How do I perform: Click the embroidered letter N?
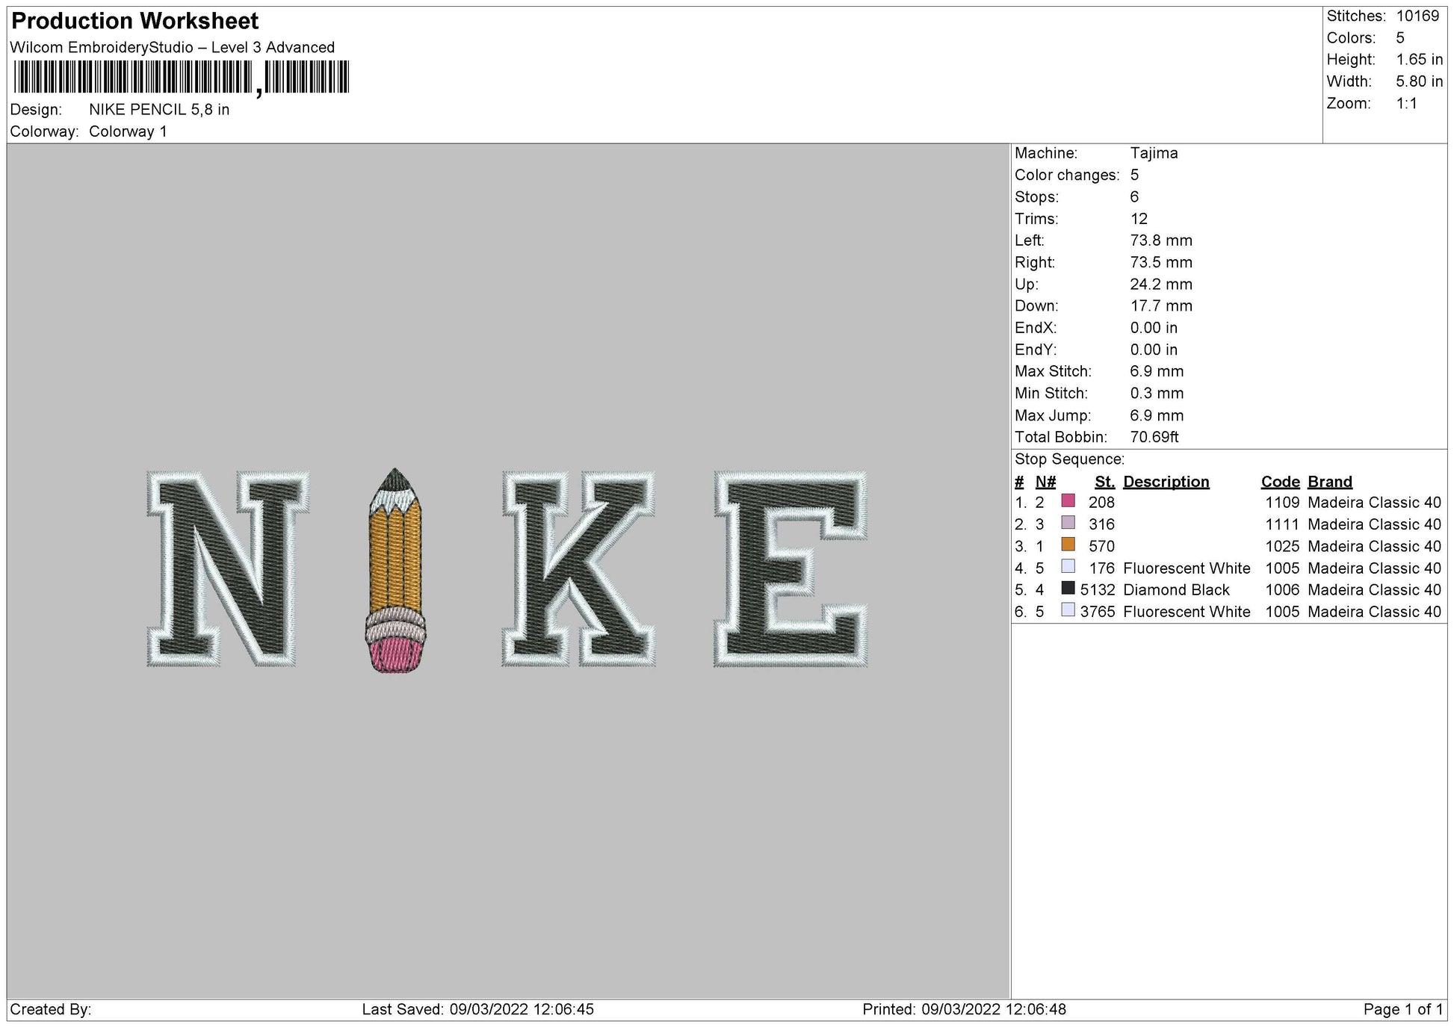point(228,568)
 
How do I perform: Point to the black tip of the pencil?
point(395,478)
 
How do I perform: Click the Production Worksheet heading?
point(135,21)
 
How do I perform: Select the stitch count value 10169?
point(1417,16)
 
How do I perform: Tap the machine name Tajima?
point(1154,153)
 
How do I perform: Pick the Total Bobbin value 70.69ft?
point(1154,437)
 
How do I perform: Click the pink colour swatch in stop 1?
point(1068,501)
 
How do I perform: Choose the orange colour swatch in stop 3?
point(1068,544)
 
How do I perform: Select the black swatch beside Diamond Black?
point(1068,589)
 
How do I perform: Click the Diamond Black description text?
point(1175,590)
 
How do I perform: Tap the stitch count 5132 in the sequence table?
point(1097,590)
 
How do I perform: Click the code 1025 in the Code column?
point(1282,546)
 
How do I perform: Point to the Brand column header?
point(1329,482)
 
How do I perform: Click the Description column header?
point(1166,482)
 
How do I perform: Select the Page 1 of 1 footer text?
point(1402,1010)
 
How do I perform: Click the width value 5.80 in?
point(1419,81)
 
